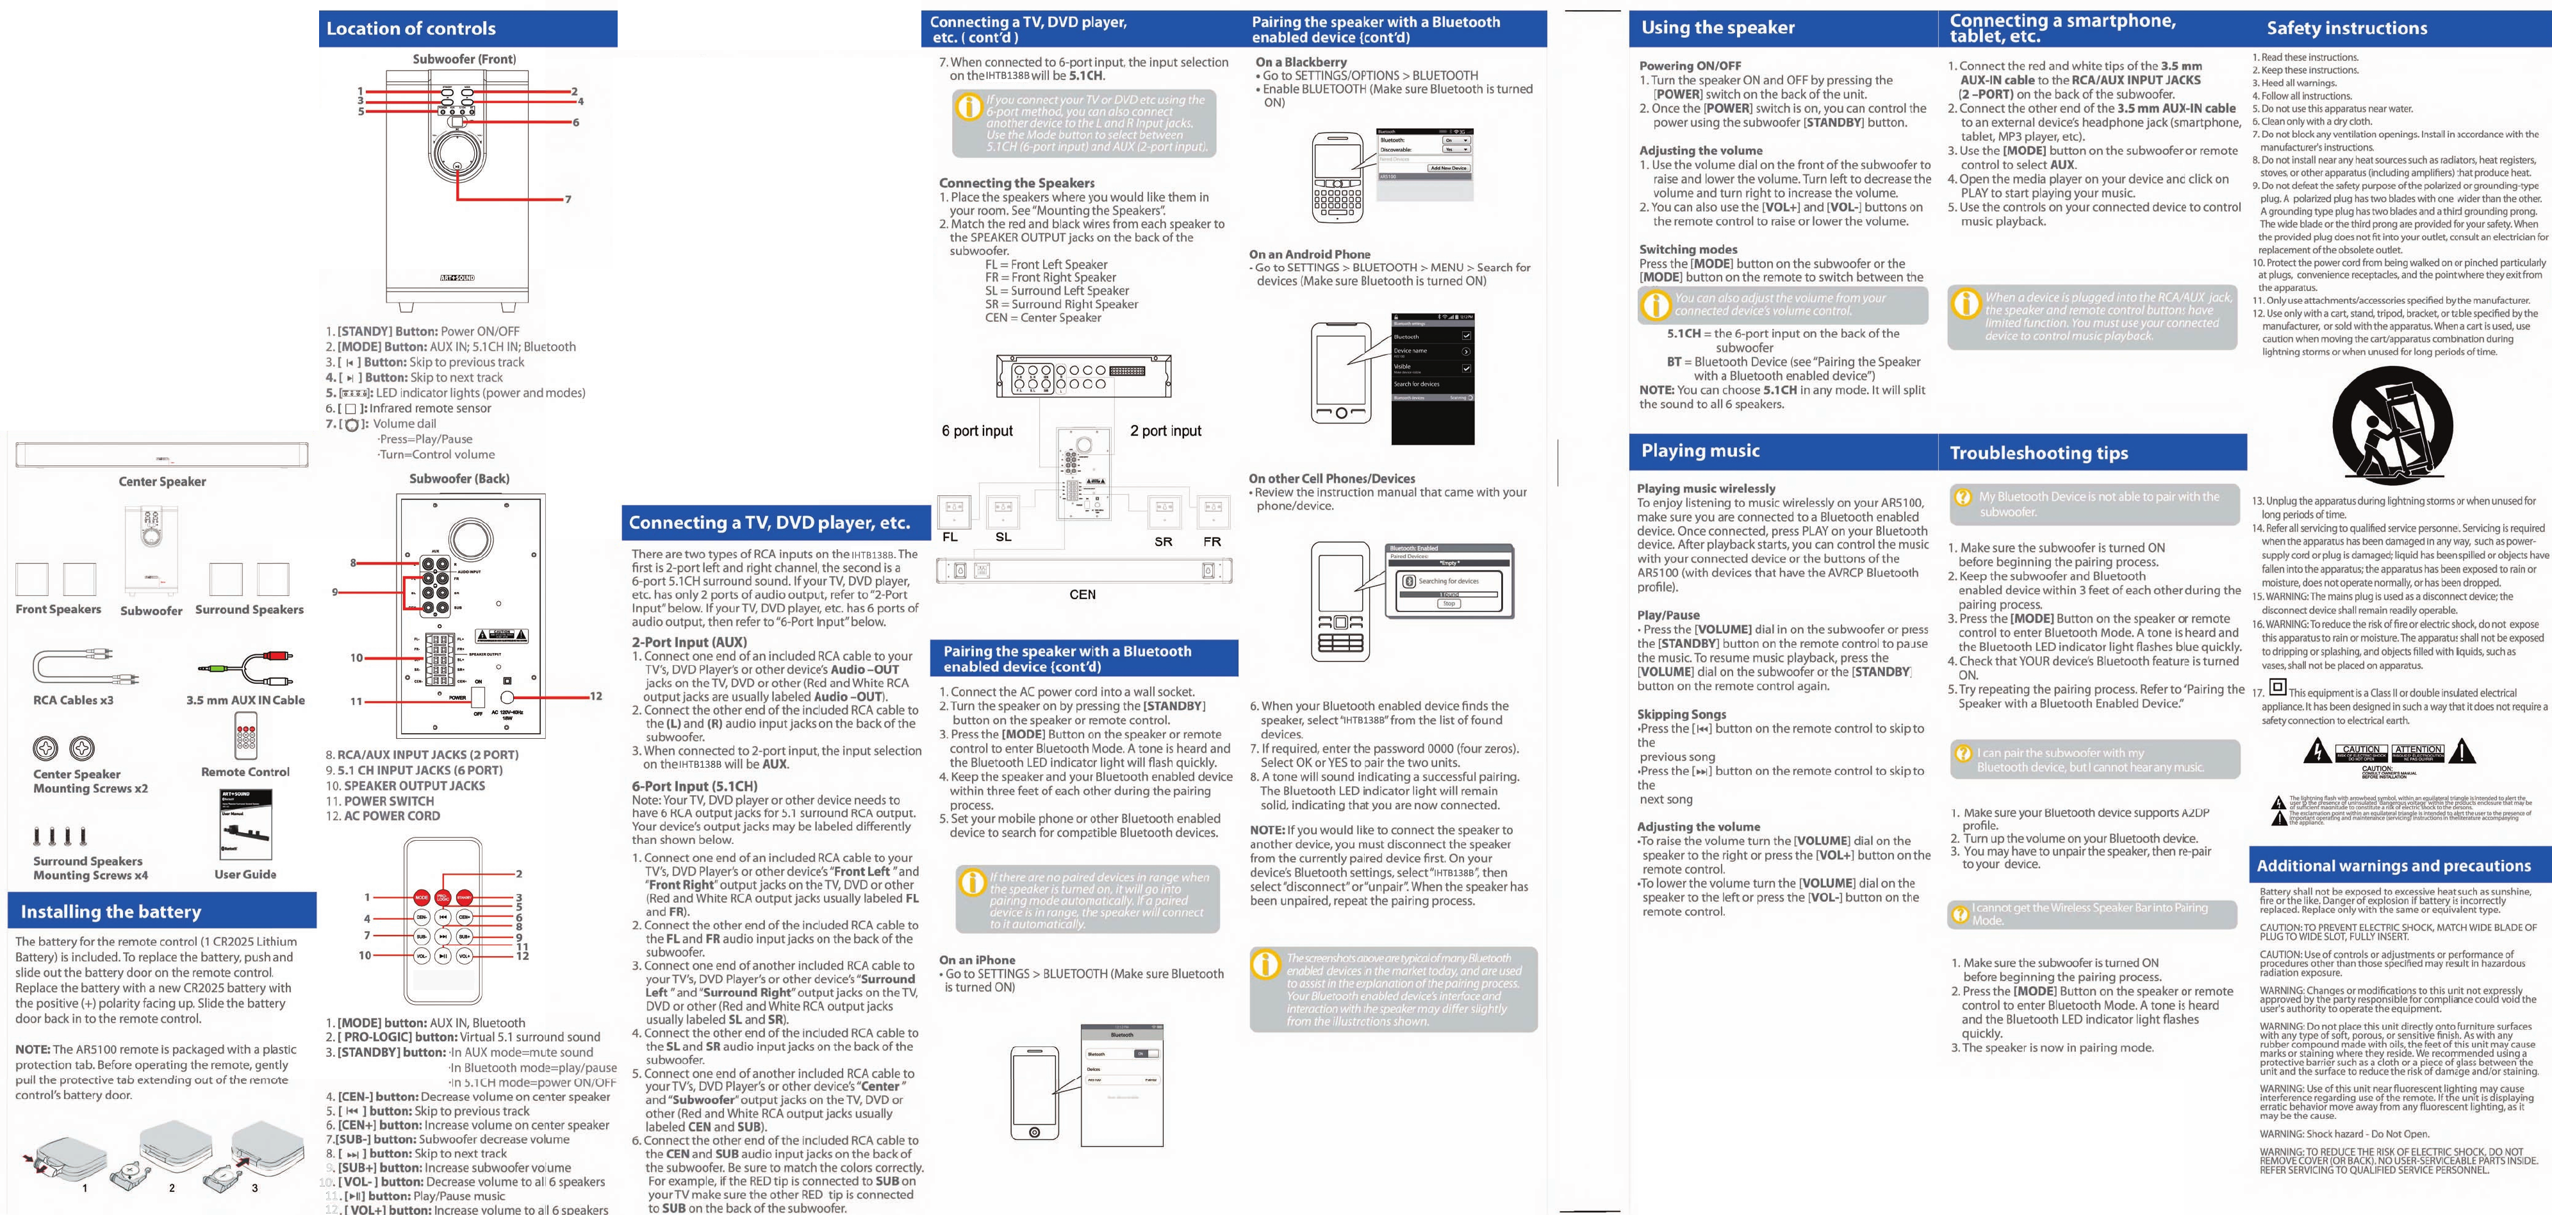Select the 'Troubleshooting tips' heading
point(2039,453)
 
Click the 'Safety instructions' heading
point(2347,28)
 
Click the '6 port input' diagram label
point(977,431)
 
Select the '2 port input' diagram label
point(1165,431)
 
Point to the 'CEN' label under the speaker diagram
point(1082,595)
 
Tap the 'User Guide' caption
point(245,874)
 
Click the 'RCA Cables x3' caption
point(73,700)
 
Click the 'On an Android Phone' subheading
point(1310,254)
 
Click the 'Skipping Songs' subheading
point(1681,715)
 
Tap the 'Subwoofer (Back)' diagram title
point(459,479)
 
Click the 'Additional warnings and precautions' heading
point(2394,865)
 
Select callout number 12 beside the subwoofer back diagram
point(595,696)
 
